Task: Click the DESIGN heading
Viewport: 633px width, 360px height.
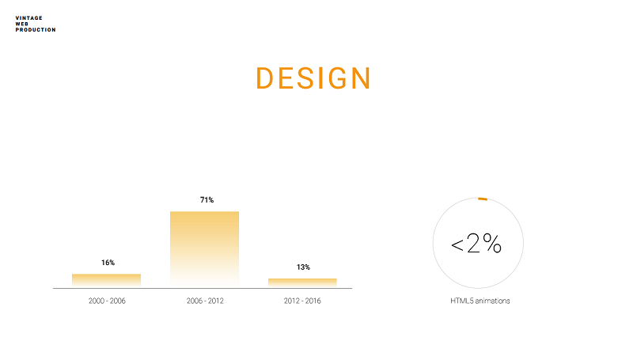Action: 313,78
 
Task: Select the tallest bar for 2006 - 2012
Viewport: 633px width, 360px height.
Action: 204,249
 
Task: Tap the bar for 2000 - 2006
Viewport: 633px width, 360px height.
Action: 106,281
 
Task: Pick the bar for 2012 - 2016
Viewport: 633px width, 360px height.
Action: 302,283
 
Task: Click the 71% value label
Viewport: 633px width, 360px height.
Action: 207,199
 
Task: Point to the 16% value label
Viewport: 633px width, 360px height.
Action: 108,263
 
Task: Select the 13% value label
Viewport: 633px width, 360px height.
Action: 303,267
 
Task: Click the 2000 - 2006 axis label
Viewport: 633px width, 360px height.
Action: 107,301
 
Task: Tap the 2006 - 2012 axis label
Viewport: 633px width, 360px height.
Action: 205,301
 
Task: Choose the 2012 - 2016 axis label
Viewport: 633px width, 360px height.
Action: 302,301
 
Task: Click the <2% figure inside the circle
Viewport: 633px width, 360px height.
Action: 476,244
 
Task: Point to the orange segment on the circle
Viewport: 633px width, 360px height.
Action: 483,199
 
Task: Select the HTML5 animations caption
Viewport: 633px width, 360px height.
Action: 480,301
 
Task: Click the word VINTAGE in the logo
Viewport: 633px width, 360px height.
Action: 28,18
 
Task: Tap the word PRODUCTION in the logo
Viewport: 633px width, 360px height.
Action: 36,30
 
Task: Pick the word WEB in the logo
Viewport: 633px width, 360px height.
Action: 22,24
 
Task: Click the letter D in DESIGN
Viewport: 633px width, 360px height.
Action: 264,78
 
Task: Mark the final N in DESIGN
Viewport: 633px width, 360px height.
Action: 361,78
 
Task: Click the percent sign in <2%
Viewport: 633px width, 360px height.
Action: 492,243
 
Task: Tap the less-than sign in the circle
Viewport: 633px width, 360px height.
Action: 457,245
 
